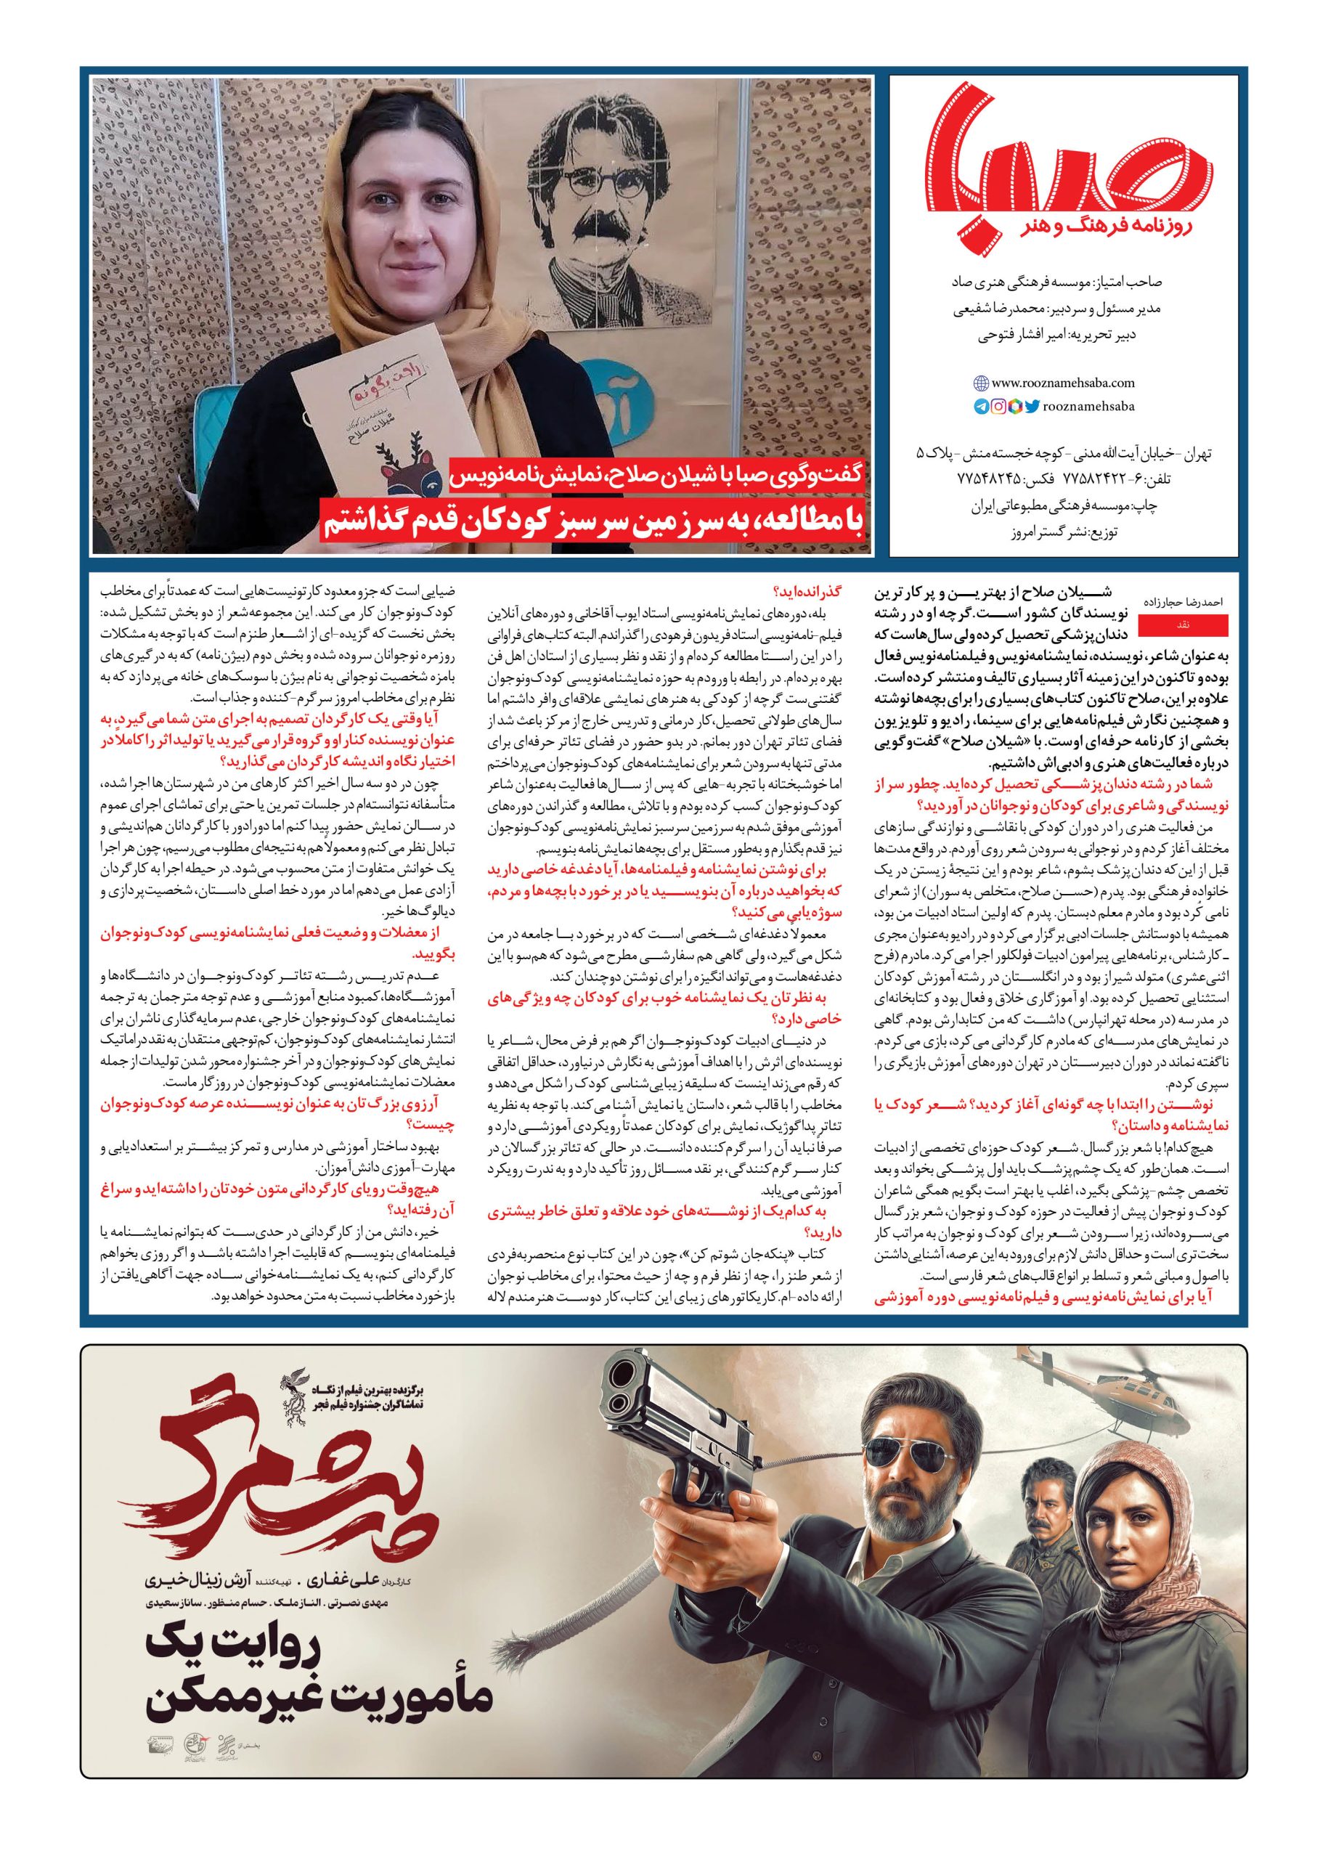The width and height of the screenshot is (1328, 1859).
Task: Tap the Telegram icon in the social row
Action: pyautogui.click(x=980, y=407)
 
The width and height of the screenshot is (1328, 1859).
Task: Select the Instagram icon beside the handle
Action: pyautogui.click(x=998, y=407)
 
